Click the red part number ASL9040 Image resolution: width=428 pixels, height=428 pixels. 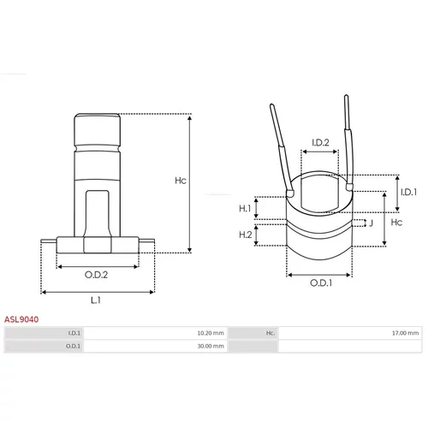[x=21, y=319]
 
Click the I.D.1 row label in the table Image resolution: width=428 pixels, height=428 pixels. [x=74, y=333]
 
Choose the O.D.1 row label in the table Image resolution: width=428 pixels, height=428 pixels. [x=73, y=346]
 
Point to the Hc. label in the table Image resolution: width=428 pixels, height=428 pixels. [x=270, y=333]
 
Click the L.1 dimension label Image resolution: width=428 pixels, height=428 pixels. [x=96, y=300]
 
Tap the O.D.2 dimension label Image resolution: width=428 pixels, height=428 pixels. [x=96, y=275]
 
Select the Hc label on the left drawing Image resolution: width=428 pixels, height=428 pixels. [x=181, y=181]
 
